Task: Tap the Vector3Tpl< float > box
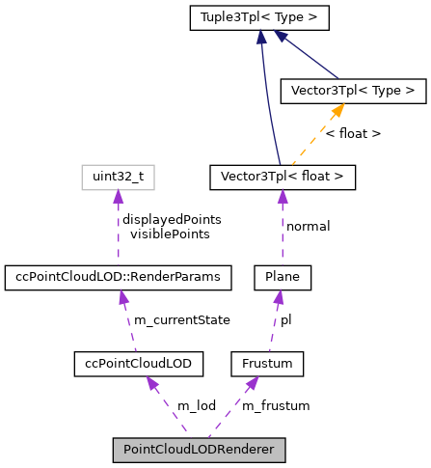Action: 283,177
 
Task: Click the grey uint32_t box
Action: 118,177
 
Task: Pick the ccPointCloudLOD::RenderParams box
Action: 119,278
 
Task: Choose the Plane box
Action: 283,278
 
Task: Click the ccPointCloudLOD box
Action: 139,364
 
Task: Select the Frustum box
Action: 268,364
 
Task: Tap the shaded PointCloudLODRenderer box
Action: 199,450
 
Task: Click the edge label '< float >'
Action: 352,133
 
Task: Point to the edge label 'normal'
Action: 309,226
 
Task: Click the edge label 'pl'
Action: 286,319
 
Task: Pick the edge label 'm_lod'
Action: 196,405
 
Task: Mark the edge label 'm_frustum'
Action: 276,405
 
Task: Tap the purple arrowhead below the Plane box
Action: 281,296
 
